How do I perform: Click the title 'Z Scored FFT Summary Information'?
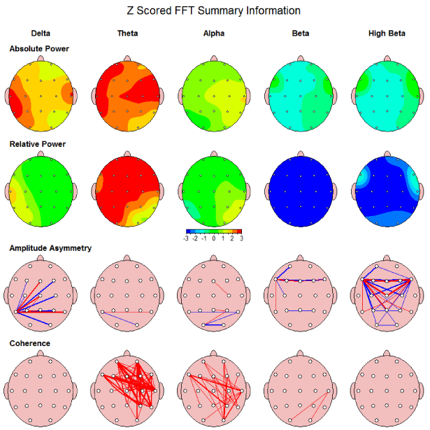pyautogui.click(x=215, y=10)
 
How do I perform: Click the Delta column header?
pyautogui.click(x=41, y=33)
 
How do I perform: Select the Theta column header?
pyautogui.click(x=127, y=33)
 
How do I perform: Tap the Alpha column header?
pyautogui.click(x=214, y=33)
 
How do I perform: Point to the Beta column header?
pyautogui.click(x=300, y=33)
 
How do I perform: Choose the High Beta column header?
pyautogui.click(x=387, y=33)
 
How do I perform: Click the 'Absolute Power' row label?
pyautogui.click(x=39, y=49)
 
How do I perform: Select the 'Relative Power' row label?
pyautogui.click(x=38, y=144)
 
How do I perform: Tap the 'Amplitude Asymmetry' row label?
pyautogui.click(x=50, y=248)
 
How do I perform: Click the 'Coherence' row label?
pyautogui.click(x=30, y=343)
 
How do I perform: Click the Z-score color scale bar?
pyautogui.click(x=214, y=231)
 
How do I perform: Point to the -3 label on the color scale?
pyautogui.click(x=186, y=238)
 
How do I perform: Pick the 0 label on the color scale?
pyautogui.click(x=214, y=238)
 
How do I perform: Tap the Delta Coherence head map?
pyautogui.click(x=41, y=389)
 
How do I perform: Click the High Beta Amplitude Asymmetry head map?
pyautogui.click(x=387, y=294)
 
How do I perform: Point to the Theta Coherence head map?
pyautogui.click(x=127, y=389)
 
